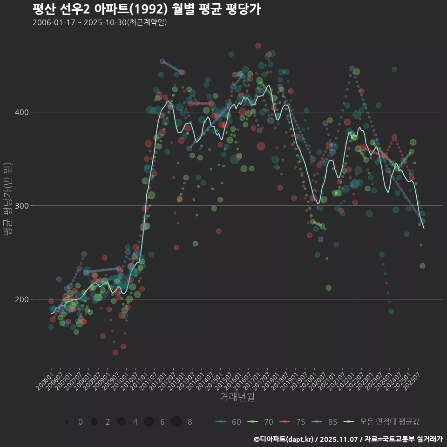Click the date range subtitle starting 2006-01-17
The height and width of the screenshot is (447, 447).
pyautogui.click(x=100, y=22)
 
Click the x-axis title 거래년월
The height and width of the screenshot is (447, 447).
pyautogui.click(x=237, y=397)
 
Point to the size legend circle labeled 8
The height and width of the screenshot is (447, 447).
pyautogui.click(x=176, y=422)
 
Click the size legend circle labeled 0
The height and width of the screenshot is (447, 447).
pyautogui.click(x=67, y=422)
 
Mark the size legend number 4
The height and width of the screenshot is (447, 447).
pyautogui.click(x=135, y=422)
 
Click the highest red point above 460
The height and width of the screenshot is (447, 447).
pyautogui.click(x=258, y=46)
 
